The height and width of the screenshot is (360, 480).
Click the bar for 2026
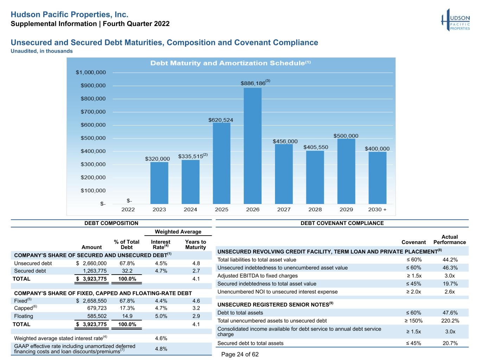point(252,146)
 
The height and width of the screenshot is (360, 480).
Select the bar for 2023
point(159,183)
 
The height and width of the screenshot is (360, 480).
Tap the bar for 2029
point(346,171)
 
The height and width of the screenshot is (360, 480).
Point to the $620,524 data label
point(220,120)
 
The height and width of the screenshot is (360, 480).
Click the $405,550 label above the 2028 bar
point(316,147)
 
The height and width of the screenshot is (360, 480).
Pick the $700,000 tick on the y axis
point(93,112)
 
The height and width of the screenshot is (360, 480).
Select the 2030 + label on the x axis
point(377,210)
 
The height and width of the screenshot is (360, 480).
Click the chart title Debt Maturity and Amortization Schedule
point(230,63)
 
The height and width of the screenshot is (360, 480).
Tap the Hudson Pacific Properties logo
point(455,20)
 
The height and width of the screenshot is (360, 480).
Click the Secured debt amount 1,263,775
point(95,271)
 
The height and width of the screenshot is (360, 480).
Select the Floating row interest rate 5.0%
point(161,316)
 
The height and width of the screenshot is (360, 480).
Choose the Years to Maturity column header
point(196,244)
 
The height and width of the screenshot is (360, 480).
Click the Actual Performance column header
point(450,239)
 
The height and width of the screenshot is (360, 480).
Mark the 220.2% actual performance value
point(450,321)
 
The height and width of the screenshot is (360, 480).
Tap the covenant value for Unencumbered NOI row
point(414,292)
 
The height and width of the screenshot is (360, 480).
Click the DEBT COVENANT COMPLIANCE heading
point(342,223)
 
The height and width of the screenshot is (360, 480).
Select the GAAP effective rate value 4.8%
point(161,349)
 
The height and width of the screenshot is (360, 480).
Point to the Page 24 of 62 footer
point(240,354)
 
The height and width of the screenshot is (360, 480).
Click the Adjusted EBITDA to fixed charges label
point(257,276)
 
